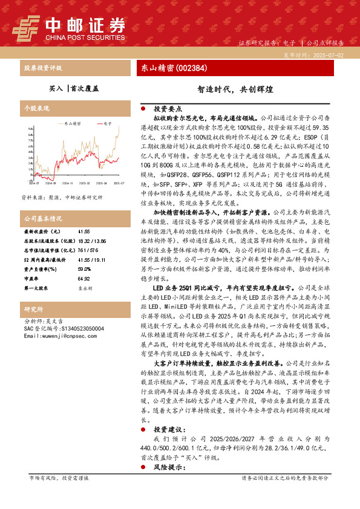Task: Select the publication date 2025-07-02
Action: [x=332, y=54]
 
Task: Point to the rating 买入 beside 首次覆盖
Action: [x=55, y=88]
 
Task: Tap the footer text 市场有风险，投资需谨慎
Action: [x=59, y=494]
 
